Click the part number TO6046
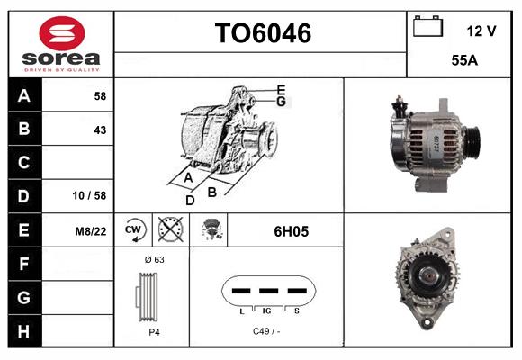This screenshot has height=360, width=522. pos(262,34)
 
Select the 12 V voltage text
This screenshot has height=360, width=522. pos(481,31)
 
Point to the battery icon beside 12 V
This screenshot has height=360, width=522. pos(427,27)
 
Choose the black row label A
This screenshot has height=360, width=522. pos(24,94)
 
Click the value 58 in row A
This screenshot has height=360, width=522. pos(100,95)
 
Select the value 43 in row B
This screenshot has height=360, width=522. pos(100,130)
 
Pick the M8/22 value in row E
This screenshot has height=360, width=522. pos(92,230)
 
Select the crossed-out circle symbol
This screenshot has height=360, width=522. pos(168,230)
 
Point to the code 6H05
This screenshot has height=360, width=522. pos(291,231)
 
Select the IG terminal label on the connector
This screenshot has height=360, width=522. pos(268,310)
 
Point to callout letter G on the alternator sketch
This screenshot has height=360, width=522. pos(281,102)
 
